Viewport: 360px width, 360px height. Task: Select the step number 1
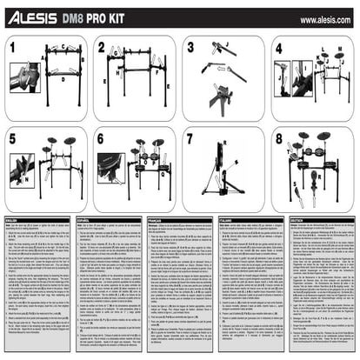coord(13,45)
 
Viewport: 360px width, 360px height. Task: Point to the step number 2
coord(102,46)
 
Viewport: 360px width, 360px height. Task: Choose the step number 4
coord(279,46)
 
